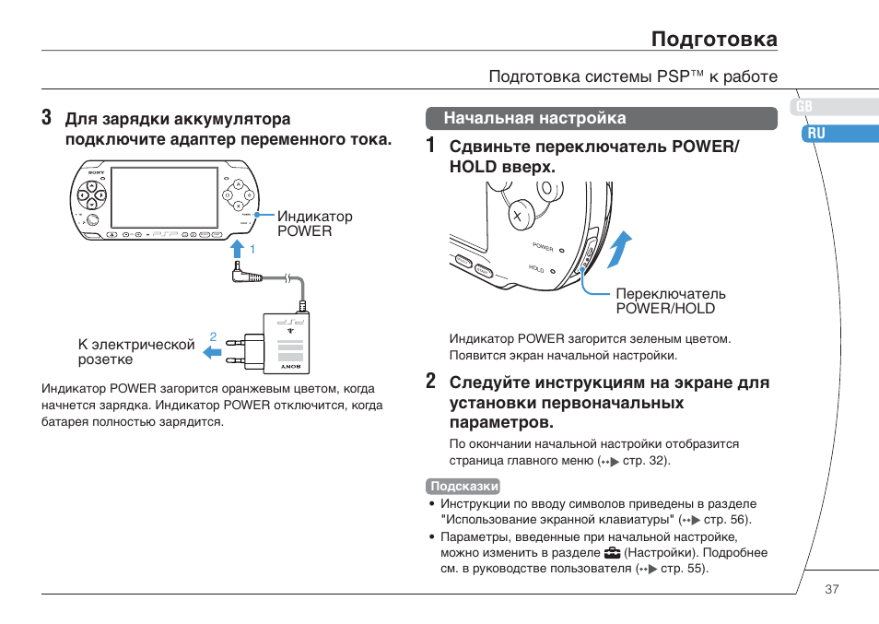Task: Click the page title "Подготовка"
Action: (x=714, y=39)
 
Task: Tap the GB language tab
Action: (x=804, y=107)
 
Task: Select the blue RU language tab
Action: (x=815, y=134)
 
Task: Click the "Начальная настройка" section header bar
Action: (x=602, y=118)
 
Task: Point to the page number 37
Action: (x=832, y=589)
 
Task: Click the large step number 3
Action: (x=47, y=119)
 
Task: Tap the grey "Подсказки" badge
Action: (x=464, y=487)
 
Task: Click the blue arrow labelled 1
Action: (x=237, y=249)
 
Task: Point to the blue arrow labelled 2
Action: (x=213, y=351)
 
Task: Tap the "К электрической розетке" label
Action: (x=136, y=352)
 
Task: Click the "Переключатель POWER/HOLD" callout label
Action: (x=671, y=301)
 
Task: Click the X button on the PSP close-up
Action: (x=518, y=217)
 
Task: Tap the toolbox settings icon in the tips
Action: (x=612, y=554)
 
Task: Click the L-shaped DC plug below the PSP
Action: (x=240, y=273)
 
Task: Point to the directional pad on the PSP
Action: (x=91, y=194)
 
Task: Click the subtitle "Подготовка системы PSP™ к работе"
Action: (x=633, y=77)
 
